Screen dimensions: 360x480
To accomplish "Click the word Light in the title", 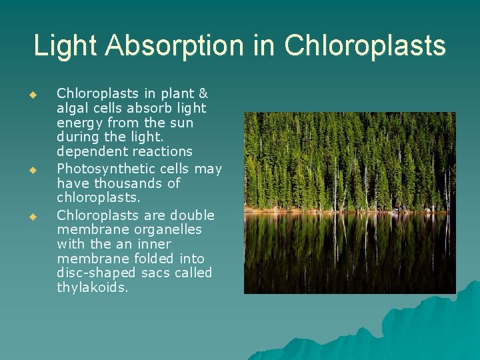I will [x=65, y=46].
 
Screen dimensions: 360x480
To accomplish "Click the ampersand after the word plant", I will [x=203, y=94].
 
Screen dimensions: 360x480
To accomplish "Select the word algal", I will [x=74, y=109].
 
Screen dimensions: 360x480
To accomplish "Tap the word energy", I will [x=79, y=123].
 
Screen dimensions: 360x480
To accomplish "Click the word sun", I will [x=181, y=123].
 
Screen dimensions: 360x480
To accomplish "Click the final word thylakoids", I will [x=93, y=288].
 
